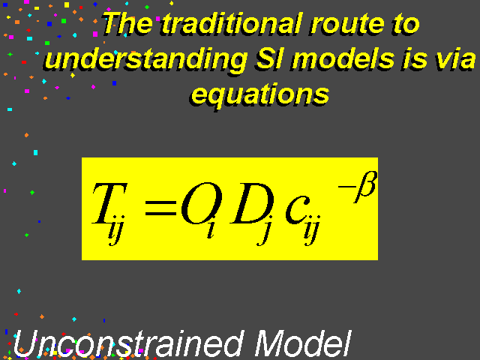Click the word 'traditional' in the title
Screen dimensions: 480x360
pyautogui.click(x=232, y=23)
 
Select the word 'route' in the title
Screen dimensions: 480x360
pyautogui.click(x=346, y=25)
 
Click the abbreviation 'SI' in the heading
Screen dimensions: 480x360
pyautogui.click(x=268, y=58)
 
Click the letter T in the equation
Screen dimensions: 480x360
pyautogui.click(x=109, y=203)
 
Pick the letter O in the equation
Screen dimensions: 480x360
pyautogui.click(x=201, y=203)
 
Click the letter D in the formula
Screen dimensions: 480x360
pyautogui.click(x=252, y=203)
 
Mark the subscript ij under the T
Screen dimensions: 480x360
pyautogui.click(x=116, y=230)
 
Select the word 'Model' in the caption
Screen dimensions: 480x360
pyautogui.click(x=302, y=343)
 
